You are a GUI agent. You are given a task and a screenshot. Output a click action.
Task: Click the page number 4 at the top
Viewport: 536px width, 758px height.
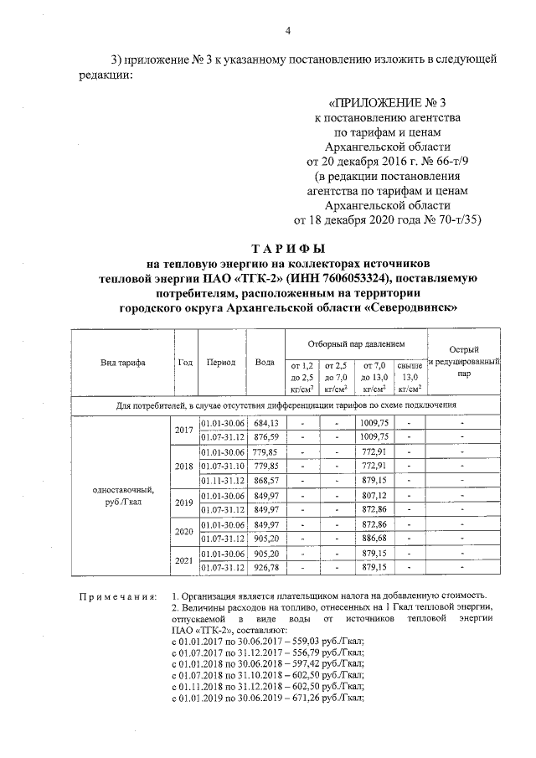tap(287, 32)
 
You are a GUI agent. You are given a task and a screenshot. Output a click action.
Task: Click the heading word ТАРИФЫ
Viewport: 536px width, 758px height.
tap(287, 249)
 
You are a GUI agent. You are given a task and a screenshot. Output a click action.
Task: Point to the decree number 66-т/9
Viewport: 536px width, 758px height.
tap(412, 161)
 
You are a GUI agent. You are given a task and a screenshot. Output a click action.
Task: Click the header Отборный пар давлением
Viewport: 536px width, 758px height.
tap(356, 344)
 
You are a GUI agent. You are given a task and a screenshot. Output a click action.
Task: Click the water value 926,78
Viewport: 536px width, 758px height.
tap(265, 568)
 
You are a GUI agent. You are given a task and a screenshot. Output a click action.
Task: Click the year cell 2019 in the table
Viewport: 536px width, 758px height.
tap(183, 502)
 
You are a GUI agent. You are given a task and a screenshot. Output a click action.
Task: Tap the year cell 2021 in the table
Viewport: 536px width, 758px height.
tap(183, 560)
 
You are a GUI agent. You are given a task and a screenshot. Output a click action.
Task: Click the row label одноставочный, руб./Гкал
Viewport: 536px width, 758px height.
tap(121, 495)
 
